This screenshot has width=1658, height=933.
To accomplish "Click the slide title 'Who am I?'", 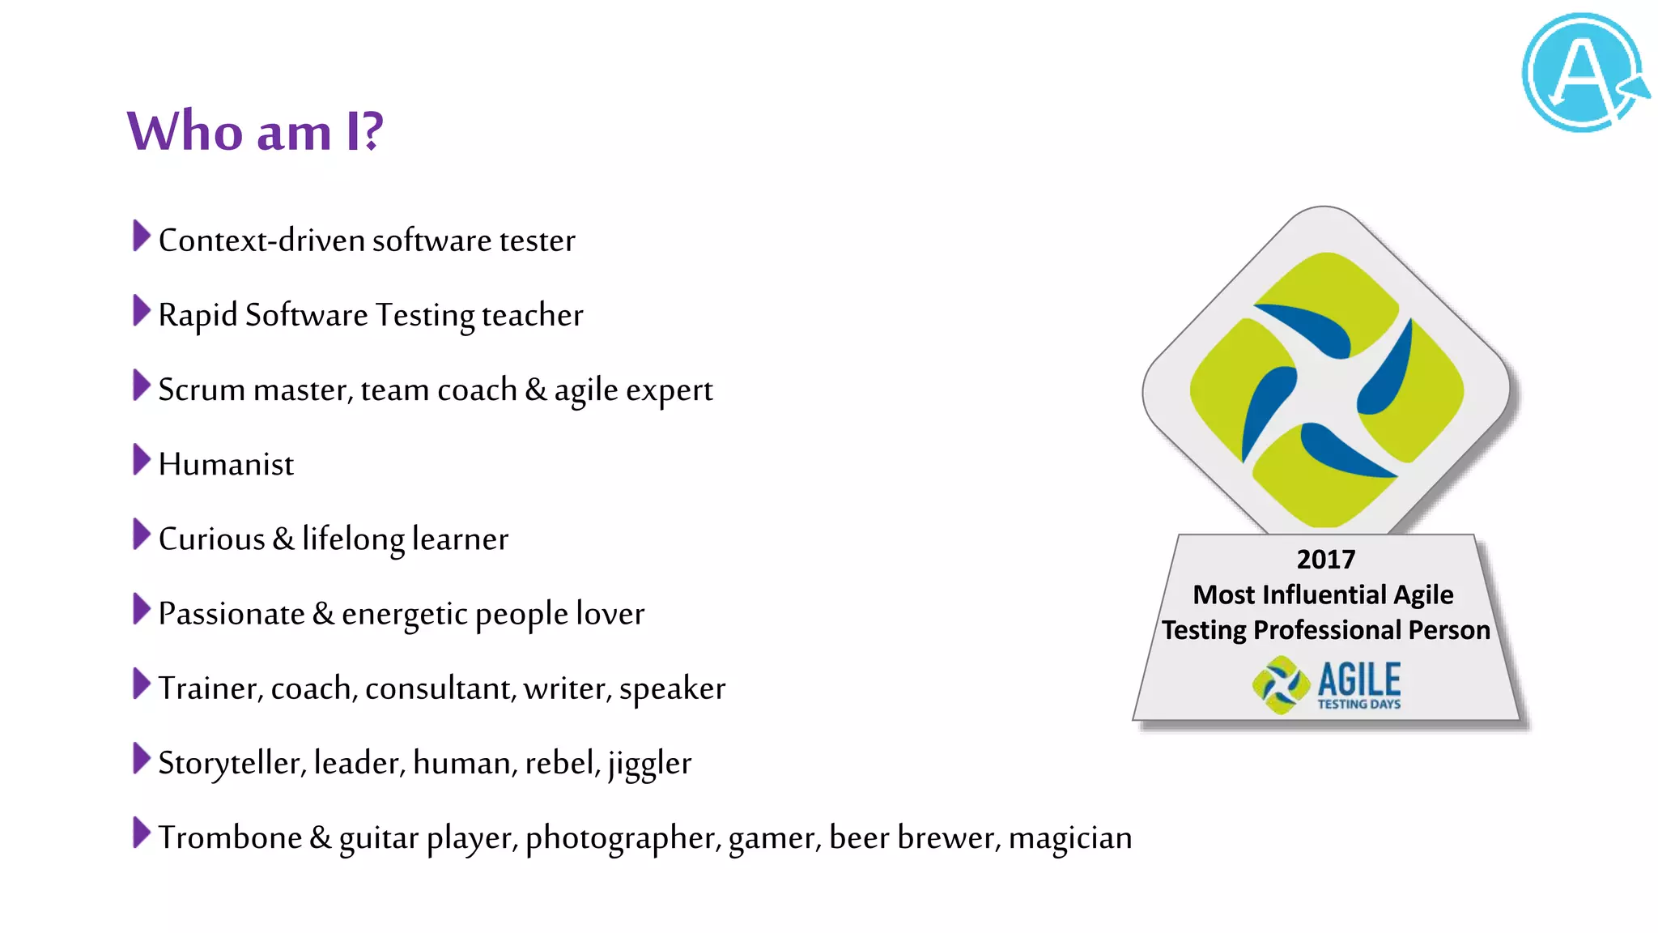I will coord(255,131).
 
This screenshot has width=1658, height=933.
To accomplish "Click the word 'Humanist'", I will coord(226,465).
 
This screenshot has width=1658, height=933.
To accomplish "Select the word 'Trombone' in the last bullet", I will coord(230,837).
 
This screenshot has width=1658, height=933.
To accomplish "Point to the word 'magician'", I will coord(1069,838).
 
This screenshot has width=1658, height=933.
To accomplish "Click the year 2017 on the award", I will coord(1325,559).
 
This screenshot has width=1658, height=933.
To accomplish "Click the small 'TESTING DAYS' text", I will coord(1358,705).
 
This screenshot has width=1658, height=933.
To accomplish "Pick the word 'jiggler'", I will coord(649,764).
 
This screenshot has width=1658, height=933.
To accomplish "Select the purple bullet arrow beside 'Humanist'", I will coord(141,460).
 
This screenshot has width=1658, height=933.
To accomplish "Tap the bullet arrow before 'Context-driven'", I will coord(141,236).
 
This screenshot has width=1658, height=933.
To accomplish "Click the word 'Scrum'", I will coord(202,390).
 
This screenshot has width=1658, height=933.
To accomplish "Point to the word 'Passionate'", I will coord(232,614).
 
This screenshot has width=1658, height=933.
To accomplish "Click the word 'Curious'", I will coord(211,539).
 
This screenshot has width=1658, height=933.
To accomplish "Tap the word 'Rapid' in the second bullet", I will coord(198,316).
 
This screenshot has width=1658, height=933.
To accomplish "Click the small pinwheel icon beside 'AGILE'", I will coord(1281,685).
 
